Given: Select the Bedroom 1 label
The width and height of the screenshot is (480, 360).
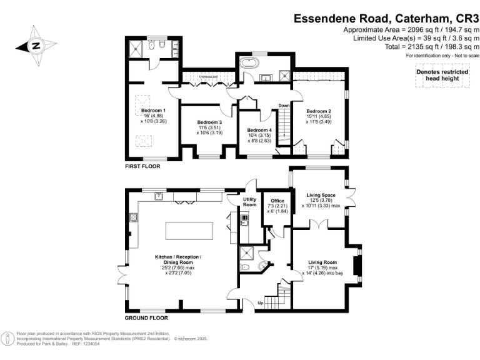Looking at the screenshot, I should click(x=152, y=110).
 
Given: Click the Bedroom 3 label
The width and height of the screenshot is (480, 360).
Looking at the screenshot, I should click(x=209, y=122).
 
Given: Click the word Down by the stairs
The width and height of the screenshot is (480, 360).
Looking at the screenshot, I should click(x=283, y=106).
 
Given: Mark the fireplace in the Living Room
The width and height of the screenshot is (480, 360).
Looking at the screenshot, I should click(x=358, y=266).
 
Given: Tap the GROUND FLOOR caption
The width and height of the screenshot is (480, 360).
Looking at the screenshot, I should click(x=145, y=318).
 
